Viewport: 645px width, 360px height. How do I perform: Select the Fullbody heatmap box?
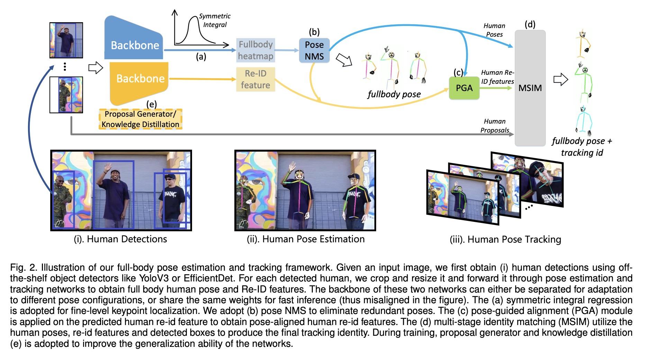[256, 50]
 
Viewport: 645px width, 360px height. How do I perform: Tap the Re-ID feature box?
[255, 79]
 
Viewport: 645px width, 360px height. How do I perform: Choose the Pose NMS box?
[314, 50]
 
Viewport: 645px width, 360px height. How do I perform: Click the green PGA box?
[464, 88]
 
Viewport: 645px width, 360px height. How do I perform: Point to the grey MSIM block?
[530, 88]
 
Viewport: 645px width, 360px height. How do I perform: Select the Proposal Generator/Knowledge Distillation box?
[140, 119]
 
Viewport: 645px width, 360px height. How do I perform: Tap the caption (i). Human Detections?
[120, 239]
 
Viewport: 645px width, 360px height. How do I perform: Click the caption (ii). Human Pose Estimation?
[306, 239]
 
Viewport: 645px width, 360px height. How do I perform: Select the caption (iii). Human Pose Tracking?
[505, 240]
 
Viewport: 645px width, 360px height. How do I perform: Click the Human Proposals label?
[494, 126]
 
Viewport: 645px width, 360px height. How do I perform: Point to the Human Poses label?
[494, 30]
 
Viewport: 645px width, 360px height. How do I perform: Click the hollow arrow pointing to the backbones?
[96, 67]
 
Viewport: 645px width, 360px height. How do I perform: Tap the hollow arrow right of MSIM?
[561, 80]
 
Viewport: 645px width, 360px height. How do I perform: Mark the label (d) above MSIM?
[530, 24]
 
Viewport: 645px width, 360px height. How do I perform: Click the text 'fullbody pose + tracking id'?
[582, 146]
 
